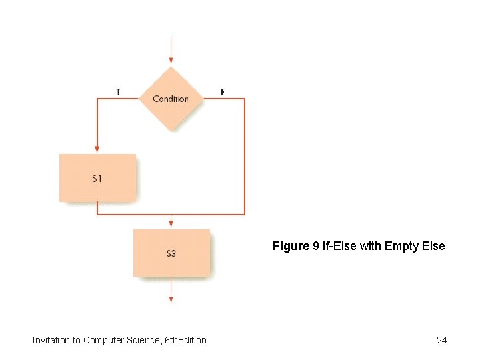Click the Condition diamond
171,99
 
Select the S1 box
97,178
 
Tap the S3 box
171,253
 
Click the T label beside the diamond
118,92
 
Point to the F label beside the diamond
223,92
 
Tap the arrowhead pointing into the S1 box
97,149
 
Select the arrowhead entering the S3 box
171,225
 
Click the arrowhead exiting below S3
171,300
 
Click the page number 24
441,341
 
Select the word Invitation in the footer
51,341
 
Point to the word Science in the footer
141,341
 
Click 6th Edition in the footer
185,341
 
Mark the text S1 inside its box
97,179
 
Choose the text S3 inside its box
171,253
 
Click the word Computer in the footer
103,341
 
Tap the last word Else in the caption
432,247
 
